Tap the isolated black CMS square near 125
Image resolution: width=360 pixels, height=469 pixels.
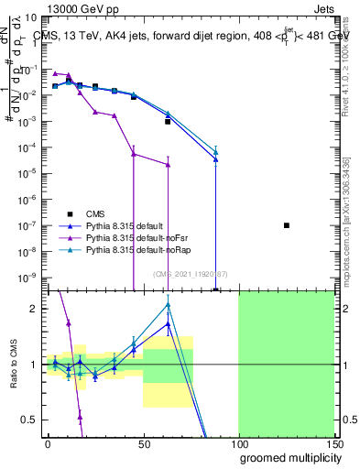click(x=287, y=225)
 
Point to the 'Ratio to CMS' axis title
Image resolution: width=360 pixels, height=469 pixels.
click(x=15, y=365)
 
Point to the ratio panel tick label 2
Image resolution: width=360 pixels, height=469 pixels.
click(x=36, y=309)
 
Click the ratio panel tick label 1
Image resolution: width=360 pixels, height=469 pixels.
click(x=36, y=365)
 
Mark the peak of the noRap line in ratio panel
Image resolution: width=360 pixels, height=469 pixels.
click(x=168, y=304)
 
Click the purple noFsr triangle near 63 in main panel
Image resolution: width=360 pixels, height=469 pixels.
click(x=168, y=165)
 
